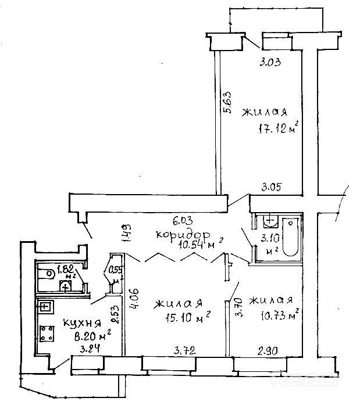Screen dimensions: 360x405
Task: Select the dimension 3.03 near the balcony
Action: (x=270, y=62)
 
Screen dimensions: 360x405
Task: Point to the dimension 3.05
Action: (x=273, y=187)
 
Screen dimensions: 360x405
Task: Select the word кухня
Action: (x=82, y=323)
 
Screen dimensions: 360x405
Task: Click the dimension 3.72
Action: (x=185, y=350)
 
